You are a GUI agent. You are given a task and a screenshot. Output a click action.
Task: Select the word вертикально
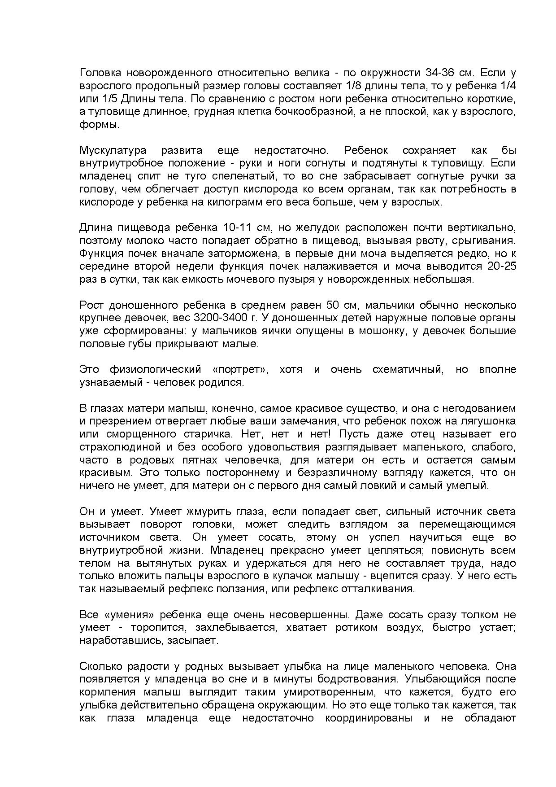coord(484,227)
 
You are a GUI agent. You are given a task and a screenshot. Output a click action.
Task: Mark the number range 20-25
coord(501,266)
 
